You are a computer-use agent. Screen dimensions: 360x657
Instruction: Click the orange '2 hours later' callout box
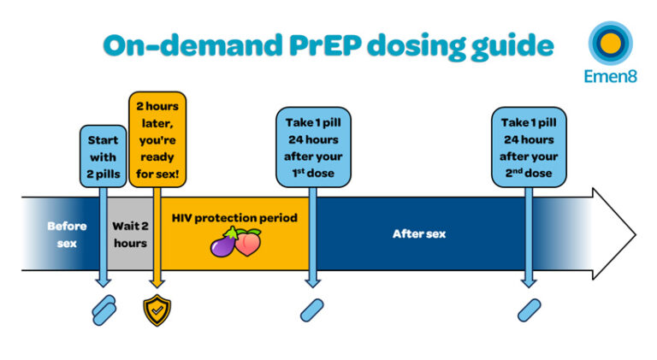pos(157,139)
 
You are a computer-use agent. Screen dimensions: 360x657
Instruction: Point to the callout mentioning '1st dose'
pos(313,146)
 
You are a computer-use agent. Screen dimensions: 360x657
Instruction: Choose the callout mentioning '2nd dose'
pos(529,146)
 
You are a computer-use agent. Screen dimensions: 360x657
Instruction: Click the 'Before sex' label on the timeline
pos(67,234)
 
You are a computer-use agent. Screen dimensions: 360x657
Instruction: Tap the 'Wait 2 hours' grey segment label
pos(130,234)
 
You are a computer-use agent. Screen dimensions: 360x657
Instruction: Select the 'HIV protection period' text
pos(234,218)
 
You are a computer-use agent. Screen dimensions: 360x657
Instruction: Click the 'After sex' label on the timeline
pos(418,233)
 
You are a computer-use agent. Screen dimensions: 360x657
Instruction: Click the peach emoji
pos(248,244)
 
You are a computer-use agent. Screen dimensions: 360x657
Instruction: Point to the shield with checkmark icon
pos(157,310)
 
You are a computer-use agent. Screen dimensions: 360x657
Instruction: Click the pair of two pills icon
pos(104,310)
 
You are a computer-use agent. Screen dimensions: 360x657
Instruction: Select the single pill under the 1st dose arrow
pos(312,310)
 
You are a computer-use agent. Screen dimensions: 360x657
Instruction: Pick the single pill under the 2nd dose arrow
pos(529,310)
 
